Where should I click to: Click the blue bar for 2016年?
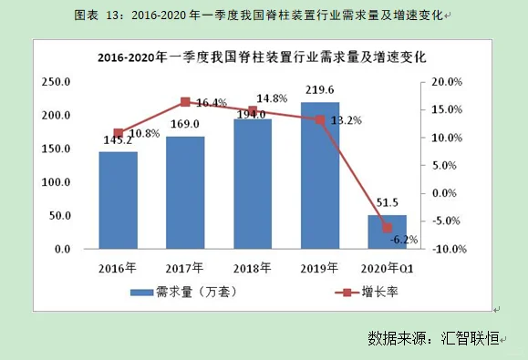pyautogui.click(x=119, y=201)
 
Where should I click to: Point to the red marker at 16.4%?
pyautogui.click(x=185, y=102)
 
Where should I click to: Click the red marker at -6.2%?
pyautogui.click(x=388, y=228)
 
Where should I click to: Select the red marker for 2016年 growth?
pyautogui.click(x=119, y=133)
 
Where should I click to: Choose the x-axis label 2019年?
pyautogui.click(x=320, y=268)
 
